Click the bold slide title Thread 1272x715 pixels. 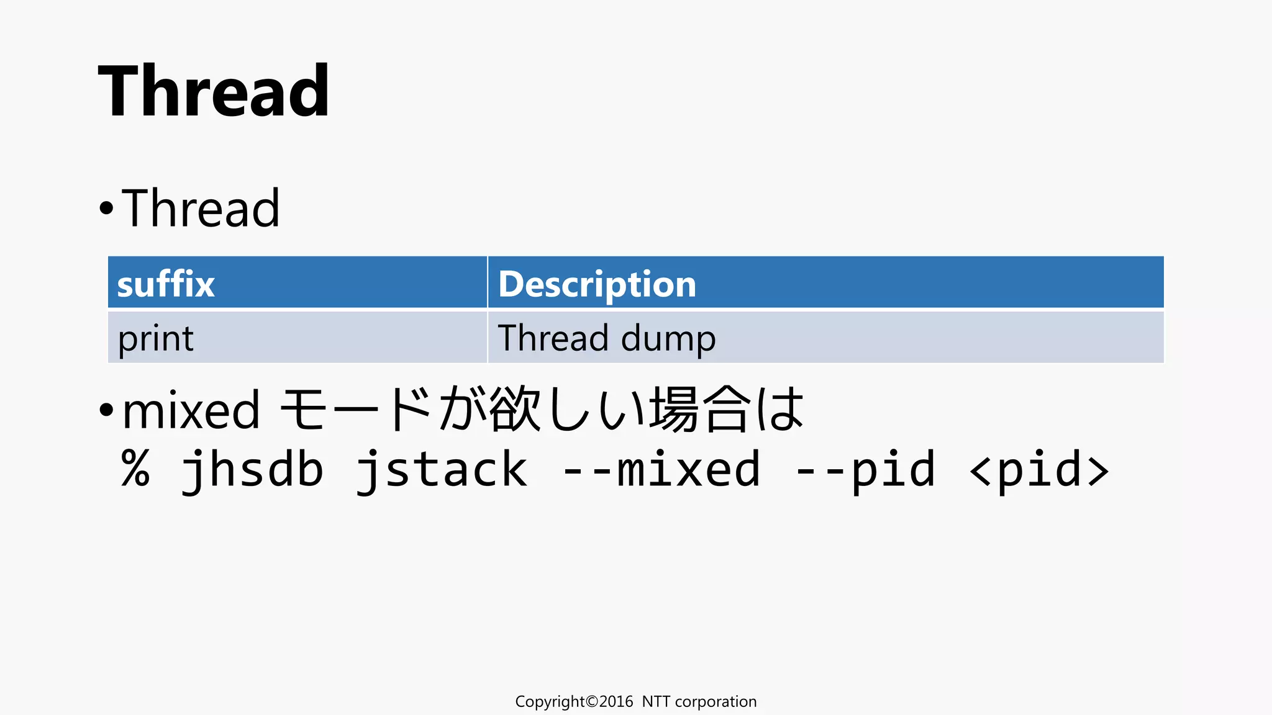click(x=214, y=91)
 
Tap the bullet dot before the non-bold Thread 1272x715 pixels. click(x=106, y=209)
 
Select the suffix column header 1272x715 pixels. click(x=166, y=284)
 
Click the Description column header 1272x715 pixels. click(x=597, y=284)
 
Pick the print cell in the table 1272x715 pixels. click(x=156, y=339)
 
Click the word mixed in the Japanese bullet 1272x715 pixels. click(x=191, y=410)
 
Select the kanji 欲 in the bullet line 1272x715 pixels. click(x=515, y=409)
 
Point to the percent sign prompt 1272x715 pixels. click(x=135, y=469)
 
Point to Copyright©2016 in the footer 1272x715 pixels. click(x=574, y=702)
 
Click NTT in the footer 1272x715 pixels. click(x=655, y=702)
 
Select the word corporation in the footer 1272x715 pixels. click(x=715, y=702)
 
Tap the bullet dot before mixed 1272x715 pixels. click(x=106, y=410)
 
